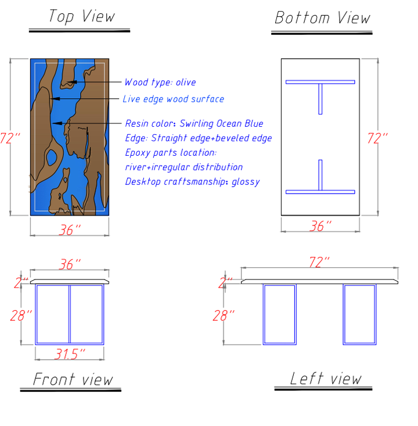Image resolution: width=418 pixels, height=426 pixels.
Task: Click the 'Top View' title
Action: tap(82, 16)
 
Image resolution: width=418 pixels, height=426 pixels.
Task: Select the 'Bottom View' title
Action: tap(322, 17)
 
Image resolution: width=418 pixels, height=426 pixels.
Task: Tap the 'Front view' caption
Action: tap(73, 380)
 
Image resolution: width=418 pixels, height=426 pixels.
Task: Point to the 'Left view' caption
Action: tap(326, 378)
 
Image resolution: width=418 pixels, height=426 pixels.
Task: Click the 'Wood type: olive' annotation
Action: tap(160, 82)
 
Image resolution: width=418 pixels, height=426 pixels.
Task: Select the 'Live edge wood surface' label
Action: tap(174, 99)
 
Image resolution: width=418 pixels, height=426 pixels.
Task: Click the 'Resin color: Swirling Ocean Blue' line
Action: tap(194, 123)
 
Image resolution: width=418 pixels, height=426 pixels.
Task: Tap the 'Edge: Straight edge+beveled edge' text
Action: tap(199, 138)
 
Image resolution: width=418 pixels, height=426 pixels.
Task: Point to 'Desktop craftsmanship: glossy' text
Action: tap(192, 181)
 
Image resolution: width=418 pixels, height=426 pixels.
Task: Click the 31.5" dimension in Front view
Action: tap(70, 354)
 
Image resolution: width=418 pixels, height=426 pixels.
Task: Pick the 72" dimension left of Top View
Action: tap(10, 138)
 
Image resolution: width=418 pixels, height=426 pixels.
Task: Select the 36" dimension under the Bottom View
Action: tap(320, 226)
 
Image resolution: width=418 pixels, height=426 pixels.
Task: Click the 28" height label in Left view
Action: tap(224, 316)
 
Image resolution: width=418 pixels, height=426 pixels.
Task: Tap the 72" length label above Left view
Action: tap(319, 262)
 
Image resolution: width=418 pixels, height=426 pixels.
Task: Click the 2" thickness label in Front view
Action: tap(21, 283)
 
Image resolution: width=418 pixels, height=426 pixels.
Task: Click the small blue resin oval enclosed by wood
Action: tap(52, 157)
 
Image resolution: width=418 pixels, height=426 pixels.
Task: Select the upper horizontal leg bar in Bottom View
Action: tap(320, 82)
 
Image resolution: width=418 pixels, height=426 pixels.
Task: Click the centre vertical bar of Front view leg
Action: tap(70, 314)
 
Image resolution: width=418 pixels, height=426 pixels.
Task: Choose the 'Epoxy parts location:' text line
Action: tap(171, 152)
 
